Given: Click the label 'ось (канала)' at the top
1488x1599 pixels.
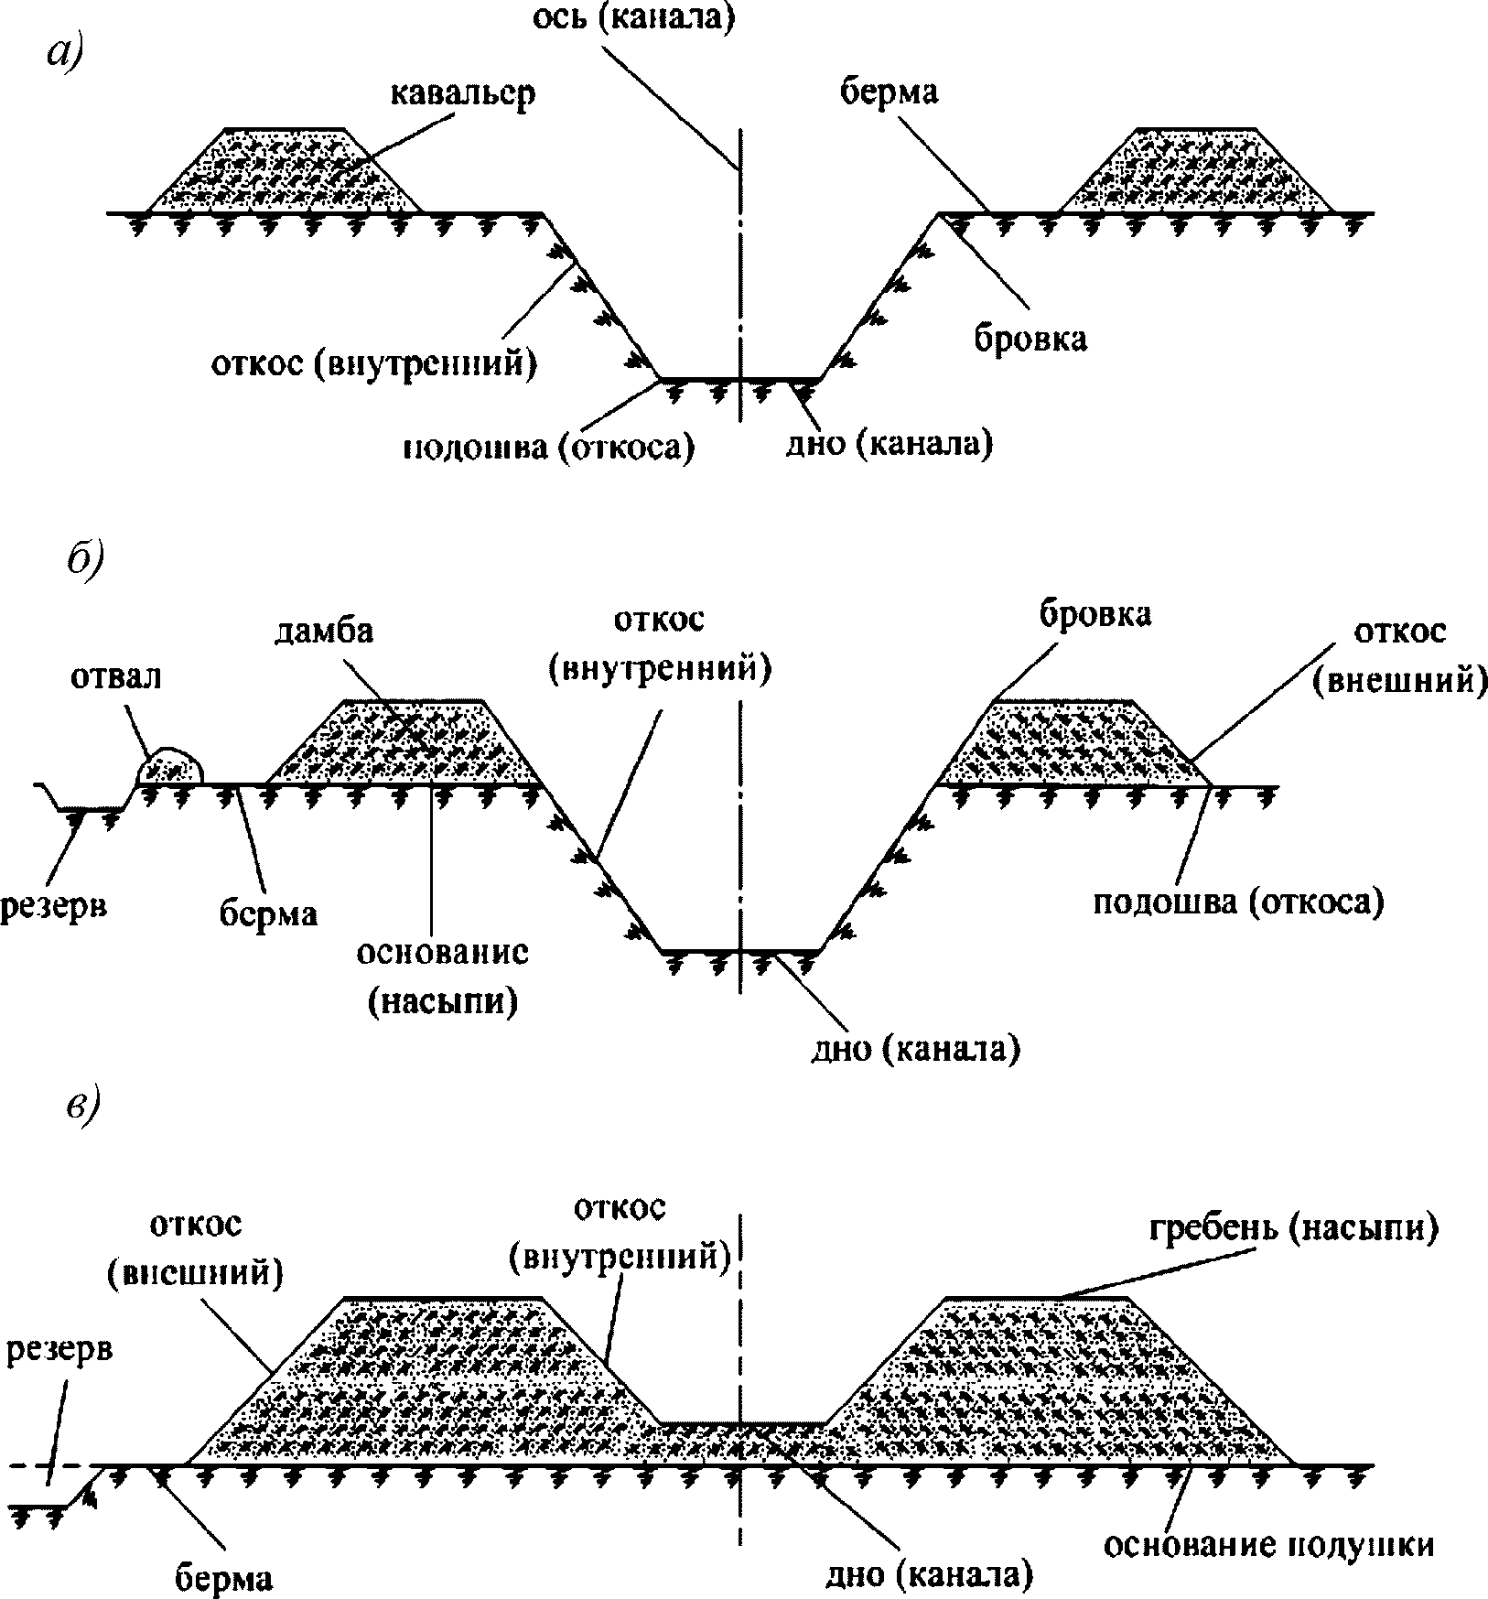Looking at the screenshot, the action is click(x=635, y=19).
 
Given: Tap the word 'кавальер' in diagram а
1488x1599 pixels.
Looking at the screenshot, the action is click(x=463, y=97).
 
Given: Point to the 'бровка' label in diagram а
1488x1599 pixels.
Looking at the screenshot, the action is click(x=1030, y=338).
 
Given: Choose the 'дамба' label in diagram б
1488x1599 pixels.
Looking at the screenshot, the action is click(x=325, y=632).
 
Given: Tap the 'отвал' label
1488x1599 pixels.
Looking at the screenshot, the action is click(x=115, y=676).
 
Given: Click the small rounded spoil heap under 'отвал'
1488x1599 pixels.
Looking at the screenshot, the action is click(x=169, y=766).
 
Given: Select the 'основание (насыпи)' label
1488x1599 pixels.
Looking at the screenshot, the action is click(x=443, y=976).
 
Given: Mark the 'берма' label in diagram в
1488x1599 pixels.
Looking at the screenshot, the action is click(x=223, y=1579).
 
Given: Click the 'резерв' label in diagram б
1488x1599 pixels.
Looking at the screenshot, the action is click(x=53, y=906).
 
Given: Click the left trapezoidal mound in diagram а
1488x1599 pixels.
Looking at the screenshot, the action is click(x=285, y=171).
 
